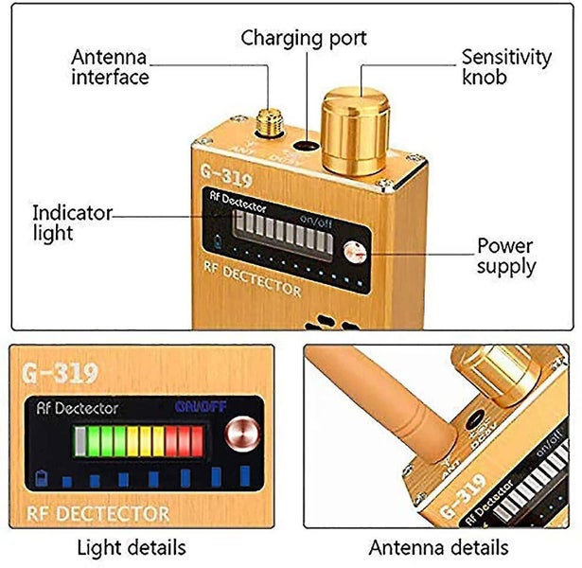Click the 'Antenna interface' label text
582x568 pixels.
(x=110, y=66)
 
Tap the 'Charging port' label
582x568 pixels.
(x=303, y=39)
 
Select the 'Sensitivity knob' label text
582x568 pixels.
(x=505, y=66)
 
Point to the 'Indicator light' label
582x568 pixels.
(x=72, y=222)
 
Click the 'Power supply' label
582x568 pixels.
(x=505, y=257)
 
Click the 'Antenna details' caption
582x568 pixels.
(x=438, y=547)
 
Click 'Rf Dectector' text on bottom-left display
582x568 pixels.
(x=79, y=408)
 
